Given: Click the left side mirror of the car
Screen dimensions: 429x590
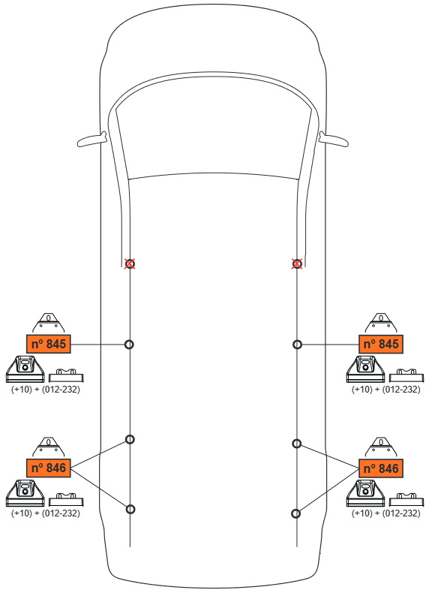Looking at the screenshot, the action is click(92, 139).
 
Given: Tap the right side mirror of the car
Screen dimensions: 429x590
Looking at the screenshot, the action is click(334, 139).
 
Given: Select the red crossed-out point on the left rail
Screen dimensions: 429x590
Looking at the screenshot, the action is click(130, 263).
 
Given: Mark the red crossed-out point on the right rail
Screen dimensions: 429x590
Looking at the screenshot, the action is click(297, 263).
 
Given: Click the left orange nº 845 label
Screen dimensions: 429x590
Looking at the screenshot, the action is click(49, 344).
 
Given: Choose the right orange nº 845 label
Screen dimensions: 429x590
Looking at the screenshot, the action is click(381, 344).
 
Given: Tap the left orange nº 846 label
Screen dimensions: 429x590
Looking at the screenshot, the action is click(49, 468).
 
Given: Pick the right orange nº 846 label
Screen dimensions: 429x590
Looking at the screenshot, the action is click(381, 468).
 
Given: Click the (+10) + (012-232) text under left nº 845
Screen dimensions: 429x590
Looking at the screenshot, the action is click(46, 389).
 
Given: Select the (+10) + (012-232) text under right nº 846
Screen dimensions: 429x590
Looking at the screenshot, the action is click(385, 513).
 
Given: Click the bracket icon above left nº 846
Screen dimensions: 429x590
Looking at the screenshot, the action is click(49, 447).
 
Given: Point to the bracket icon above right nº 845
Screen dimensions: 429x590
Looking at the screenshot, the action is click(381, 323).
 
